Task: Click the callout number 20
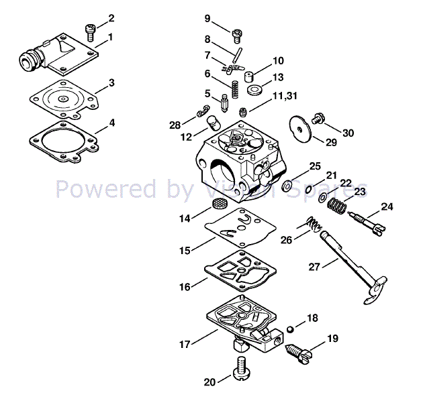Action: point(209,382)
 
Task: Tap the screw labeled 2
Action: point(91,32)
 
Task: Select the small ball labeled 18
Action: point(290,329)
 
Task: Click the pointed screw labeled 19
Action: point(299,354)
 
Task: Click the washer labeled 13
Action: point(254,90)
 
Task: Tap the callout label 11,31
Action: point(285,96)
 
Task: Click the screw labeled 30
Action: point(318,119)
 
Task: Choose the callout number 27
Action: point(314,267)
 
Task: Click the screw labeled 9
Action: point(236,36)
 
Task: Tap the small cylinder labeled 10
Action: point(249,76)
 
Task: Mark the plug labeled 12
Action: point(214,123)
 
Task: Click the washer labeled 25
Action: point(287,186)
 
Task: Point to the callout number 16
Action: point(185,287)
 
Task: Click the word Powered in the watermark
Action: point(106,189)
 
